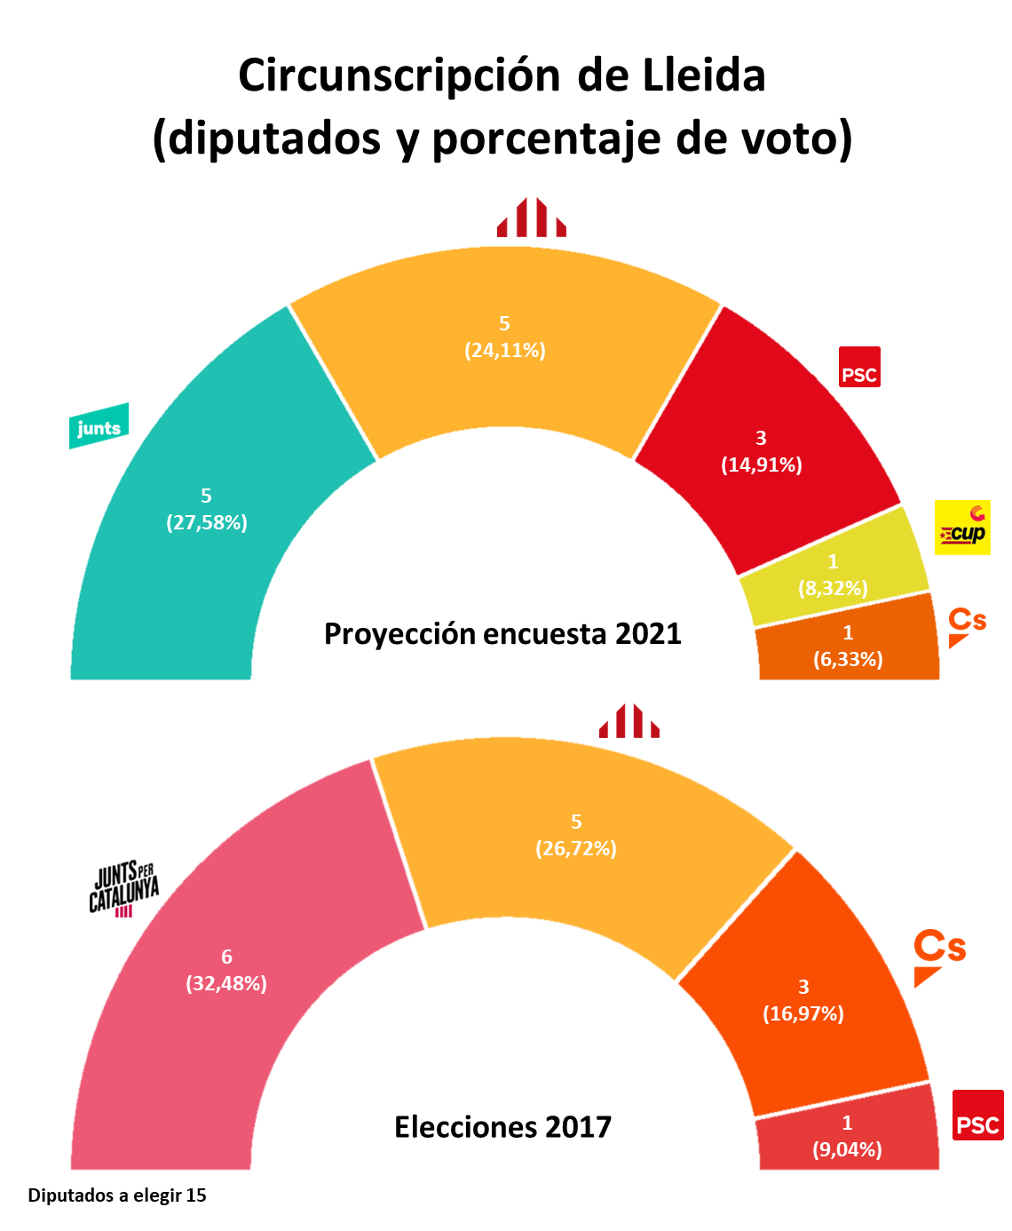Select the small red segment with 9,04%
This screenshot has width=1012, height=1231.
[x=848, y=1137]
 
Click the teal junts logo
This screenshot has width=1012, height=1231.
[x=99, y=427]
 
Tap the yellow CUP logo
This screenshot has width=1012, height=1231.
[x=962, y=528]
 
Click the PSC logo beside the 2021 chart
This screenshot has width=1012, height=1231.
[x=859, y=367]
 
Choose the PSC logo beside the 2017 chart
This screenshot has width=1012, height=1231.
[x=978, y=1115]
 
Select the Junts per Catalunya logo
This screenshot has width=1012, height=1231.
[x=124, y=888]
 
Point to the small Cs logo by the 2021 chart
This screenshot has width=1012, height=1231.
[x=967, y=625]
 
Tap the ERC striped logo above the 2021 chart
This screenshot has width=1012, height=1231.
[x=531, y=218]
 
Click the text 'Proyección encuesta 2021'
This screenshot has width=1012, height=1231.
[x=502, y=634]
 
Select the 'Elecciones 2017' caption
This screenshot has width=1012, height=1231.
[x=502, y=1127]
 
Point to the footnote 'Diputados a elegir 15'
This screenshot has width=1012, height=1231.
[x=117, y=1195]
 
